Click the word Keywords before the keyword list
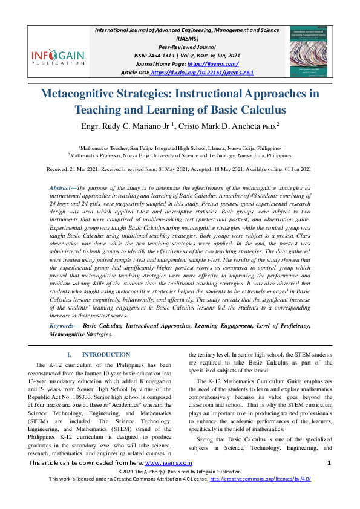65,326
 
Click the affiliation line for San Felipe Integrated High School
180,147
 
